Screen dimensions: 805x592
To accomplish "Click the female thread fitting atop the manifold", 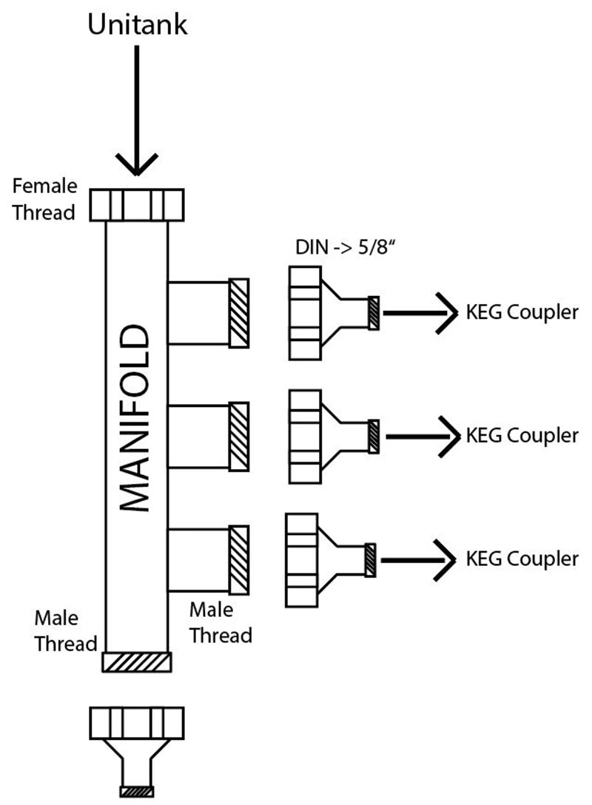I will point(137,204).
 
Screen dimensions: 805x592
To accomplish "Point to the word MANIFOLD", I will point(136,417).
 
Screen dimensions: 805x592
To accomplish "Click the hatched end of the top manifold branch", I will point(238,312).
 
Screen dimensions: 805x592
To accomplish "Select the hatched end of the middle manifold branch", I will point(238,437).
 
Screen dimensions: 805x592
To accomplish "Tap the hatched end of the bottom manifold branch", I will point(238,559).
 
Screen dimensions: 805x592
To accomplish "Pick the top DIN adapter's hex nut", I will point(305,313).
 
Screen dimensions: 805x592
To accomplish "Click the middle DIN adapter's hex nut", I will point(305,436).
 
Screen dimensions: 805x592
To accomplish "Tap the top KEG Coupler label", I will point(521,312).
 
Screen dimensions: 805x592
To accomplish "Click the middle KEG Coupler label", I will point(521,435).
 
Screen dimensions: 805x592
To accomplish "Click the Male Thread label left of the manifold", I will point(65,630).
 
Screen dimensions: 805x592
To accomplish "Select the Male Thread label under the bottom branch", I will point(221,623).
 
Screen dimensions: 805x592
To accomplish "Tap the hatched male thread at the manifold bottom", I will point(137,662).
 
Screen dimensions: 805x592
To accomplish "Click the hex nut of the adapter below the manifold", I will point(137,722).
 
